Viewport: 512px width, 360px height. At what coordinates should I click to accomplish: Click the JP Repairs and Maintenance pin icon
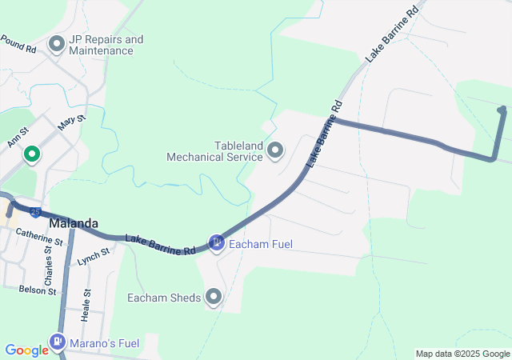pyautogui.click(x=57, y=44)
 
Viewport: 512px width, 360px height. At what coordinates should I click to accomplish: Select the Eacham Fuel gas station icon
pyautogui.click(x=216, y=242)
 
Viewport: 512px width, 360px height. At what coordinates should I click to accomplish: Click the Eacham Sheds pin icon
pyautogui.click(x=214, y=298)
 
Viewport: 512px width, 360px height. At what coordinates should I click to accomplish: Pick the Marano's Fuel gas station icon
pyautogui.click(x=57, y=343)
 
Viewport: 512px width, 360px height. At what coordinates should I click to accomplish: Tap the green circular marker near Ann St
pyautogui.click(x=32, y=154)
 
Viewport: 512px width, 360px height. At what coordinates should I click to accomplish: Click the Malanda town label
pyautogui.click(x=74, y=223)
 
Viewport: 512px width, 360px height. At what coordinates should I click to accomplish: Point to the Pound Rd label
pyautogui.click(x=18, y=43)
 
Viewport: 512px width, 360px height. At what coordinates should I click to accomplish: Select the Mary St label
pyautogui.click(x=71, y=122)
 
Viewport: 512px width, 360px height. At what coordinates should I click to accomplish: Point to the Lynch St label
pyautogui.click(x=92, y=257)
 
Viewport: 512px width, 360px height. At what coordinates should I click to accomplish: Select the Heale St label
pyautogui.click(x=86, y=305)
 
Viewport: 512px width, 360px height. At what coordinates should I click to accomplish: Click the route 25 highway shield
pyautogui.click(x=36, y=212)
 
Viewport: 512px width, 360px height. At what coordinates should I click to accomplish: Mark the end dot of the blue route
pyautogui.click(x=502, y=110)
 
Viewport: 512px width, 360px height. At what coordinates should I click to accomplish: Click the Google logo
pyautogui.click(x=26, y=350)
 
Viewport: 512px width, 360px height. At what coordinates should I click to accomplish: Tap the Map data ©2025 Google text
pyautogui.click(x=462, y=354)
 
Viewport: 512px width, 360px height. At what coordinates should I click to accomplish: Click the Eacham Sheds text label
pyautogui.click(x=164, y=298)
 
